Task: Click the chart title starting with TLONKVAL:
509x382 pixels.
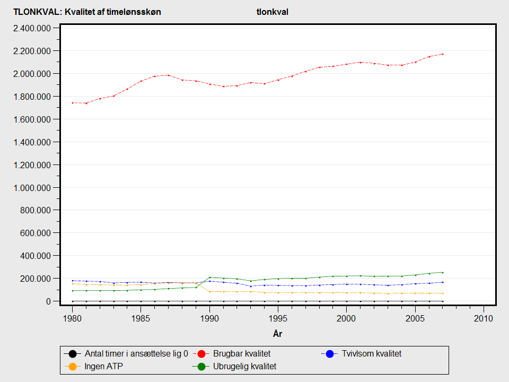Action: pos(87,12)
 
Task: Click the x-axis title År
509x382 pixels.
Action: pos(277,333)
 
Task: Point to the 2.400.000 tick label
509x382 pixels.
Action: pos(32,28)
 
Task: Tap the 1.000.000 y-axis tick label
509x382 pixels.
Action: pos(32,188)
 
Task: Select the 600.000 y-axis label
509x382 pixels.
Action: pos(36,233)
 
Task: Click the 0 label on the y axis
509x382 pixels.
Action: pos(48,301)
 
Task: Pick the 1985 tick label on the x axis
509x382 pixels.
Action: pos(141,318)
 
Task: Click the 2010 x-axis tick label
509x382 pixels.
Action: pos(484,318)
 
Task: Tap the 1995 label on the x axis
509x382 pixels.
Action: pos(278,318)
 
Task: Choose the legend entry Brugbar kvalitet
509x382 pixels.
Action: pos(242,353)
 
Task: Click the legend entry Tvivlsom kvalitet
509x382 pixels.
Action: pos(371,353)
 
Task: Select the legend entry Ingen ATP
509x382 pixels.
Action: pos(103,367)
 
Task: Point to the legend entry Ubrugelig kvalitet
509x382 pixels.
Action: pos(244,367)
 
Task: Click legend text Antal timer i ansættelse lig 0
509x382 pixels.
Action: pos(136,353)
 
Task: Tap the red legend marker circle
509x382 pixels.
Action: pos(201,354)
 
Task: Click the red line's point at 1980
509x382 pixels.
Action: pos(73,102)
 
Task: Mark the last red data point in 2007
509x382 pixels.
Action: pos(442,54)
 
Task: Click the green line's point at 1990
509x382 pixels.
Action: pos(210,277)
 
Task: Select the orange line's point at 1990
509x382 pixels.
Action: pos(210,292)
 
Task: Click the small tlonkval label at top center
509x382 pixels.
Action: pos(273,12)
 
